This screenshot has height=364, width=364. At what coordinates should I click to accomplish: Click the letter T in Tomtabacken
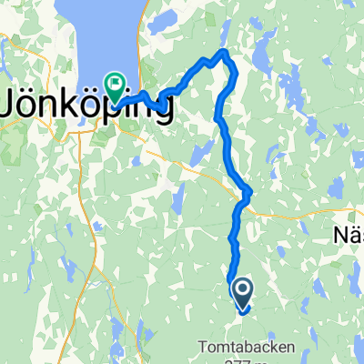pos(201,345)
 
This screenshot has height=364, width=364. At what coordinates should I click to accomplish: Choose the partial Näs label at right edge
pos(347,235)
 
